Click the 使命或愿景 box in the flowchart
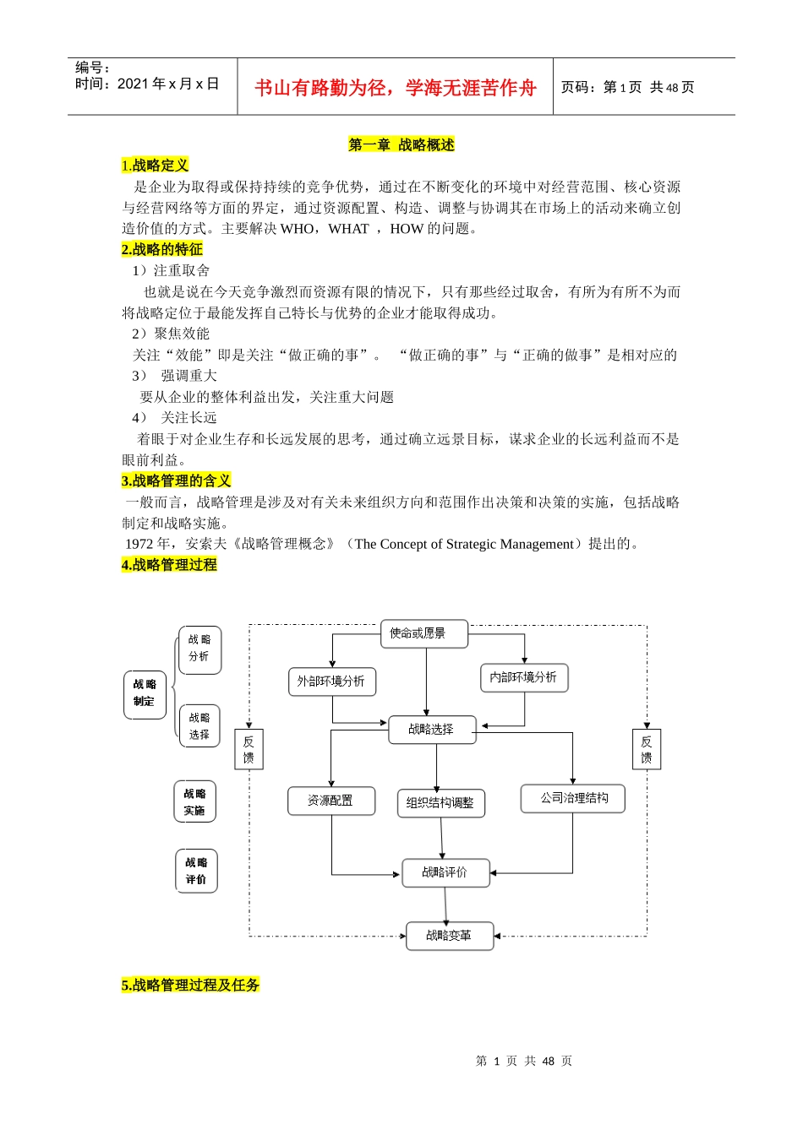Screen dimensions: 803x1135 424,634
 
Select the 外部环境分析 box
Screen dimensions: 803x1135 331,682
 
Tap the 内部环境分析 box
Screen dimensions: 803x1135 524,677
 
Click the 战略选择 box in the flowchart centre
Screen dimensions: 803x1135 432,730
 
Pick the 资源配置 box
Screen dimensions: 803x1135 330,801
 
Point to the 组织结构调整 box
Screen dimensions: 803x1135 440,803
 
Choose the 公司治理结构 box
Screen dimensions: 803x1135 573,799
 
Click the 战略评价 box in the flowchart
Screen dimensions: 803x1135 445,873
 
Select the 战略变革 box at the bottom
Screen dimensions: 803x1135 449,936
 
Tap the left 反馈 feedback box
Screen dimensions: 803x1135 249,749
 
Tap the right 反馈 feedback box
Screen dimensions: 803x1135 647,749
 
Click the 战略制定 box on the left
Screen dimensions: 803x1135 145,694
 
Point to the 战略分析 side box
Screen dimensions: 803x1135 199,649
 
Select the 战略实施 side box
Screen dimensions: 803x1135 195,802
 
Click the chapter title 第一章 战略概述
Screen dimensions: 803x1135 401,145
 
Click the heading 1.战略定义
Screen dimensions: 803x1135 155,166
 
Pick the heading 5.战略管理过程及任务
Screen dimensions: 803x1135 190,986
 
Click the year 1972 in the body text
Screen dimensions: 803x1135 139,545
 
